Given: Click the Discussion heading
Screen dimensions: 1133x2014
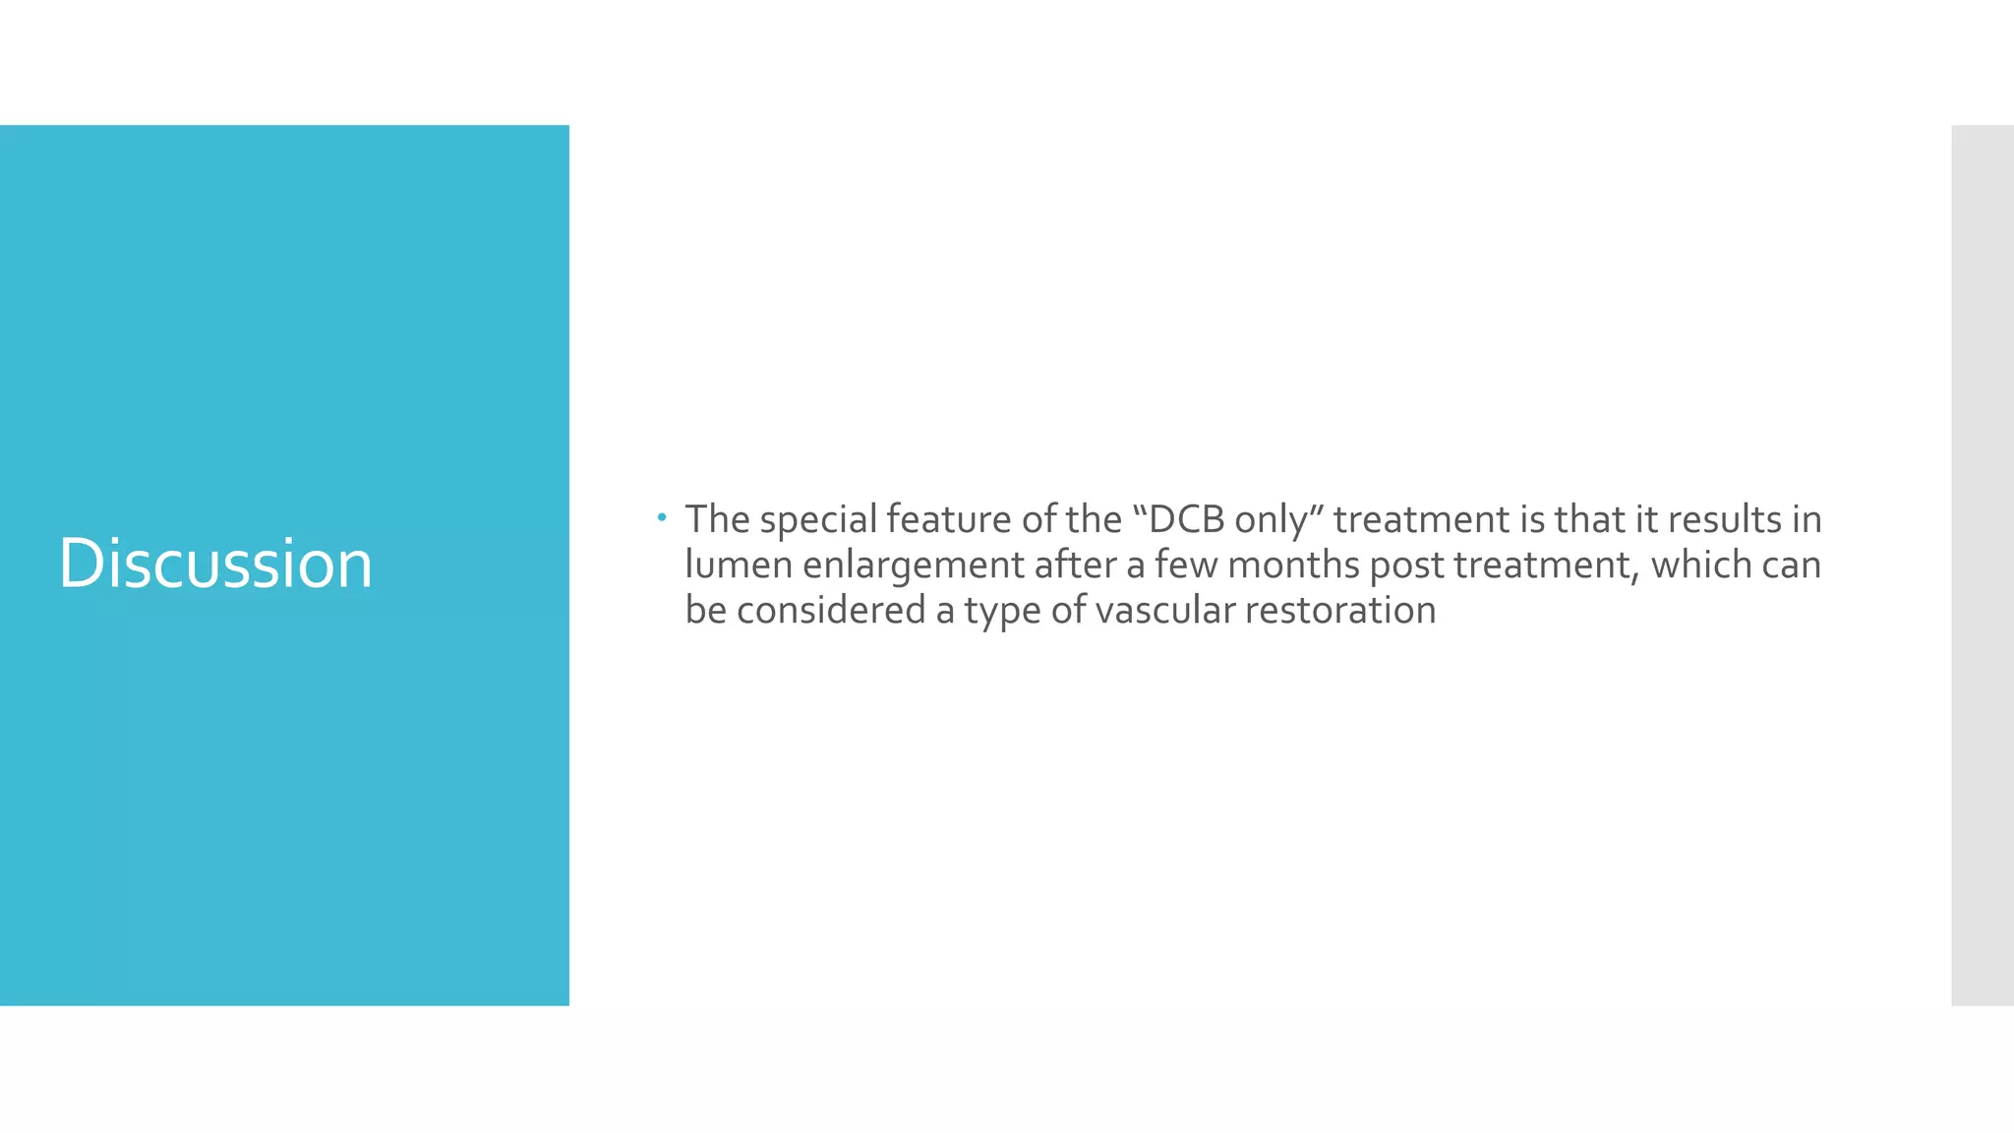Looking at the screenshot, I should click(x=215, y=564).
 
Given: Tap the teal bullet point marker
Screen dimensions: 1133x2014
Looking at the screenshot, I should click(x=662, y=516).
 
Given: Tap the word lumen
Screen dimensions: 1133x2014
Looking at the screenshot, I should click(x=739, y=565).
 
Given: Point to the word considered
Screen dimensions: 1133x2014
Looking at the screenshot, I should click(x=831, y=610).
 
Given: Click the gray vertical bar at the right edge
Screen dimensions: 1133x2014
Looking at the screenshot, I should click(x=1982, y=565).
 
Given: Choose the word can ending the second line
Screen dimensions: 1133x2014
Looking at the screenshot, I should click(x=1792, y=565).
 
